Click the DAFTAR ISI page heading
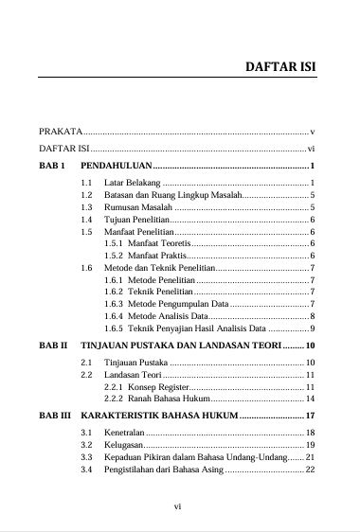click(x=280, y=68)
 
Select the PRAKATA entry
click(x=61, y=131)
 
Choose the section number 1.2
click(x=87, y=193)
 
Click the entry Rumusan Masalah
click(x=138, y=206)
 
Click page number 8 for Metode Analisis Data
click(x=312, y=316)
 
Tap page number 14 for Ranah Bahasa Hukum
click(x=310, y=399)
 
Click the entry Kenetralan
click(x=130, y=433)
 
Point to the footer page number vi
click(x=177, y=505)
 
